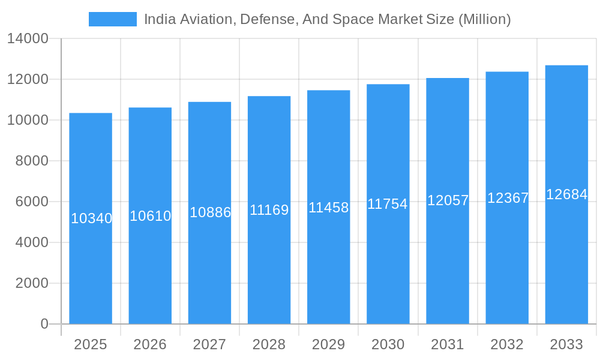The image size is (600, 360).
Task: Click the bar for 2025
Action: (x=91, y=270)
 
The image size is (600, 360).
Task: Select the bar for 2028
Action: (x=269, y=270)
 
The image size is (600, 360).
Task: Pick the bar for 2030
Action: (x=388, y=270)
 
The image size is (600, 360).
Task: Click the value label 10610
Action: (x=151, y=216)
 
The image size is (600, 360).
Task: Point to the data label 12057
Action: (x=448, y=200)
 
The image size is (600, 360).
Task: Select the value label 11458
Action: (x=329, y=208)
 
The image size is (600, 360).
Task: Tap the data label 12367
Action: (x=508, y=198)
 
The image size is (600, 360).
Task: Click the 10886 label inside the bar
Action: (x=210, y=212)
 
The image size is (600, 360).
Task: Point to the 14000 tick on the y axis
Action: (x=28, y=39)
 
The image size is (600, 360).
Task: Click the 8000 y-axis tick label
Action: (x=32, y=161)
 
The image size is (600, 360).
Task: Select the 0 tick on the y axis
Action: (x=44, y=324)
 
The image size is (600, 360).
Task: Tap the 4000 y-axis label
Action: (x=32, y=242)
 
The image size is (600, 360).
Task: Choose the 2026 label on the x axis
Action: (x=150, y=344)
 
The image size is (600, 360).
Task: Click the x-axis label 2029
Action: (x=329, y=344)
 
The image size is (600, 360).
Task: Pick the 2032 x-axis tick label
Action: (x=507, y=344)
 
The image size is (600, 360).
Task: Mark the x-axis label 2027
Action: (x=209, y=344)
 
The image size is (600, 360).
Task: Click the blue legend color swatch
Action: (x=112, y=19)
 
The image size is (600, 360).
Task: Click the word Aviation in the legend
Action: (x=204, y=19)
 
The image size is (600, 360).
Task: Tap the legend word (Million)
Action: (x=484, y=19)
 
